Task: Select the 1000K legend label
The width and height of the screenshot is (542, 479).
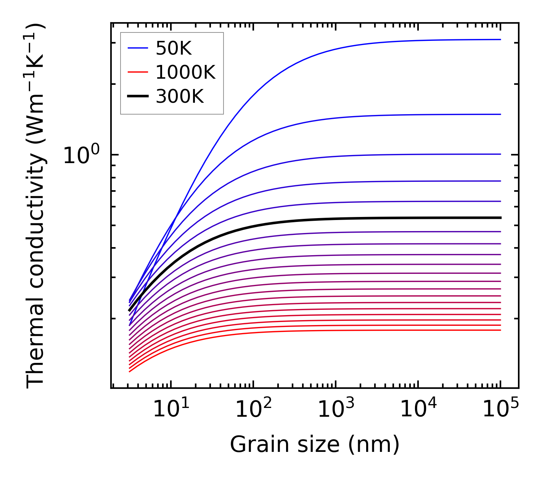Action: point(185,72)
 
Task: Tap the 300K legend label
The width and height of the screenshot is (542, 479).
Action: point(180,97)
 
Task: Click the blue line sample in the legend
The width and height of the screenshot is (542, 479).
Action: point(138,48)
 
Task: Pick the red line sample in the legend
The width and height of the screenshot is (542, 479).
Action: point(138,72)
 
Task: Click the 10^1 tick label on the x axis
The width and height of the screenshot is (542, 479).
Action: point(171,409)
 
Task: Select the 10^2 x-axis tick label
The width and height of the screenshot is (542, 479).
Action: point(253,409)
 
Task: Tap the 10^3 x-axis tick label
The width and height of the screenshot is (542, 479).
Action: point(336,409)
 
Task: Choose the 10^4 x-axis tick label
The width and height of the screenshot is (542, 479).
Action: point(418,409)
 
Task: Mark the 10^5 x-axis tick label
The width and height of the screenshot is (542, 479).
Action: point(500,409)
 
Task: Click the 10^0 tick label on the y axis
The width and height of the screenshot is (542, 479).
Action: point(81,155)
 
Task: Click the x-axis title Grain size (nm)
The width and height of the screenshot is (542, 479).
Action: point(315,445)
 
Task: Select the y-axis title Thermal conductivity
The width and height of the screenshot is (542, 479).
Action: point(36,206)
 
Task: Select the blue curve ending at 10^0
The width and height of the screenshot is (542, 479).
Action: point(420,154)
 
